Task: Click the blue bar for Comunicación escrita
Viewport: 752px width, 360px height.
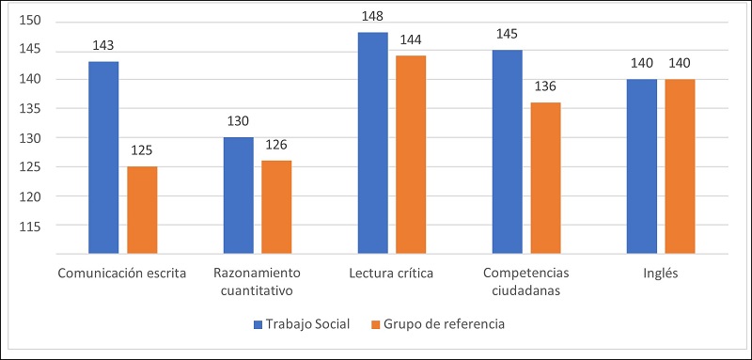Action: [103, 158]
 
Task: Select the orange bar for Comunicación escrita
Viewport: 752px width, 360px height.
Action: [142, 211]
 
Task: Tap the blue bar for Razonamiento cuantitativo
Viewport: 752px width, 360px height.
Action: [238, 196]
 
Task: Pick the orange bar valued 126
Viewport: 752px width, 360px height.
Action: [276, 208]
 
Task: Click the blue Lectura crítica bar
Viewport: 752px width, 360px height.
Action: [372, 143]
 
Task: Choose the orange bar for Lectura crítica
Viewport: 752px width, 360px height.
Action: [411, 155]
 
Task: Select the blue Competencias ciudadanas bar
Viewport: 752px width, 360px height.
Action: [507, 151]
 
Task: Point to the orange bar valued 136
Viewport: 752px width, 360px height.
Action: [545, 178]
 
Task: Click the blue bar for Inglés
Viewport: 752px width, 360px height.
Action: [642, 166]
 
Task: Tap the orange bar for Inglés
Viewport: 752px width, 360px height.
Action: [681, 166]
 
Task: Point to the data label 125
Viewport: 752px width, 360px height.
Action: [142, 150]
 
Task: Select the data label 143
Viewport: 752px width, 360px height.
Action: [103, 45]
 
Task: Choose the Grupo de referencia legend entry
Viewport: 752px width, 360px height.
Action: [438, 324]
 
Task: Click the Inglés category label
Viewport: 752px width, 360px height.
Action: [661, 274]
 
